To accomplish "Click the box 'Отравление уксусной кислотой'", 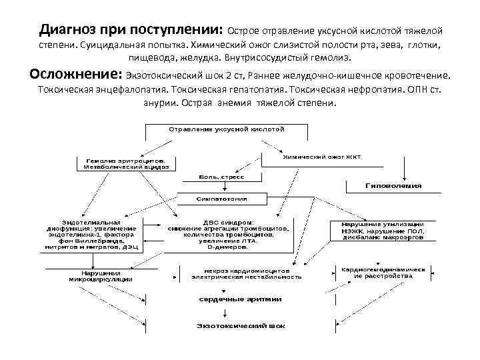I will [227, 127].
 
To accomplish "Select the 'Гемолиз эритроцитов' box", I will [126, 164].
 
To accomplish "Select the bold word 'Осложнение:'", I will [73, 73].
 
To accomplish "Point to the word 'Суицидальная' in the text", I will [109, 45].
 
